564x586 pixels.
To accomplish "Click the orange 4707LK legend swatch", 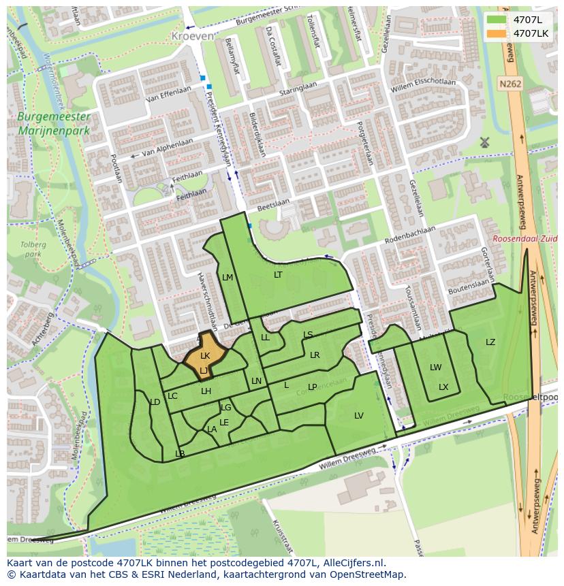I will click(497, 33).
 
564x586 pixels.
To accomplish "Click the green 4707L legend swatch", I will click(497, 20).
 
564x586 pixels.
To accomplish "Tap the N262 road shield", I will click(509, 84).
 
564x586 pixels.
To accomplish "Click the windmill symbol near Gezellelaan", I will click(484, 142).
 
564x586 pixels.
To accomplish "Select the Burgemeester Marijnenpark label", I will click(54, 123).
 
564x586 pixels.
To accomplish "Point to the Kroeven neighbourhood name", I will click(192, 35).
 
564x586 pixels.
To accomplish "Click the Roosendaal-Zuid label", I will click(525, 240).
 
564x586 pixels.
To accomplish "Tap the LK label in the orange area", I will click(205, 355).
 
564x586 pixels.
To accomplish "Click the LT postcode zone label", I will click(278, 275).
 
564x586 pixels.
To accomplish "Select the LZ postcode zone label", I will click(490, 342).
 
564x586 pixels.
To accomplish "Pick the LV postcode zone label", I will click(359, 416).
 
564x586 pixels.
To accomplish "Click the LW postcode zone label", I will click(435, 368).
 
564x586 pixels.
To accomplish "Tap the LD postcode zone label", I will click(155, 402).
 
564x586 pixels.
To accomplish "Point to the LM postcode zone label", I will click(228, 277).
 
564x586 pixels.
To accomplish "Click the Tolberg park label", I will click(31, 249).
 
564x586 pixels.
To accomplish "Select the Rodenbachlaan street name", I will click(410, 234).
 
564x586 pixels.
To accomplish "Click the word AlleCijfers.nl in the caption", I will click(353, 563).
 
